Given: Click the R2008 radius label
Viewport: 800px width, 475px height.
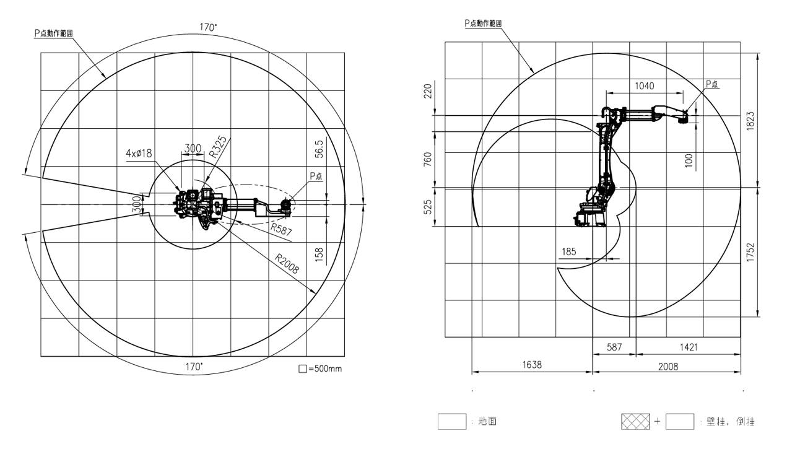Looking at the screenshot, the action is pos(287,264).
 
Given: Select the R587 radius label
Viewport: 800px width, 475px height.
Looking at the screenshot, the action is pos(281,229).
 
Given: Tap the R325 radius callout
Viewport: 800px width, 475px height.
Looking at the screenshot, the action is pos(217,147).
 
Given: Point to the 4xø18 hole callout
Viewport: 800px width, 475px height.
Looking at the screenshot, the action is pos(139,153).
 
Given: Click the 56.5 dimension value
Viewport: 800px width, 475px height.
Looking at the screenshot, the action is pos(319,149).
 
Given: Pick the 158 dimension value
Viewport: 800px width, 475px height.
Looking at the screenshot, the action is pos(319,255).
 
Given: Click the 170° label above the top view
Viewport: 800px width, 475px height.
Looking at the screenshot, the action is pos(208,27).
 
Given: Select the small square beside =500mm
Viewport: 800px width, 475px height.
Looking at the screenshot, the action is pos(303,368).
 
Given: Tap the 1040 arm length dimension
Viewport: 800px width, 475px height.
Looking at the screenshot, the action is pos(645,86).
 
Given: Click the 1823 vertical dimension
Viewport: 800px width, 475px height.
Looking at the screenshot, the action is pos(750,121).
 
